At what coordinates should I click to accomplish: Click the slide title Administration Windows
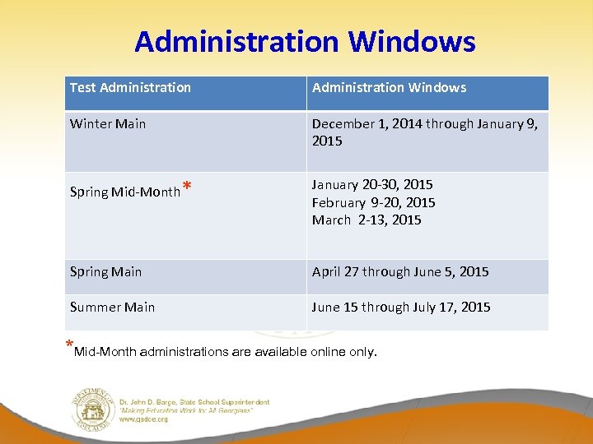coord(305,41)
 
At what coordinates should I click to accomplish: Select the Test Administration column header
coord(130,87)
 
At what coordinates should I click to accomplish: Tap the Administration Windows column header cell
coord(389,87)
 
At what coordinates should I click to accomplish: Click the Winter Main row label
coord(108,124)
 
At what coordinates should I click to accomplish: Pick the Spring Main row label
coord(105,271)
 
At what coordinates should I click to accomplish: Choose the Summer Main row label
coord(112,307)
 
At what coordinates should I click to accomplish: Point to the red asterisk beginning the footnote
coord(69,345)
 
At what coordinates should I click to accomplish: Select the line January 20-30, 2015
coord(372,184)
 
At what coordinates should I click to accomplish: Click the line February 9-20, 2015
coord(373,202)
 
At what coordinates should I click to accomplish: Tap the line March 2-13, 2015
coord(367,220)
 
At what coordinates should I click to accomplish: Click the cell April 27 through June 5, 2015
coord(400,271)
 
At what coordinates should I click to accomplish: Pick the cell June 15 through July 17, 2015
coord(401,307)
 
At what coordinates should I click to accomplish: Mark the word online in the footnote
coord(331,352)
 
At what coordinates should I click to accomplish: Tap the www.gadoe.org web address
coord(144,419)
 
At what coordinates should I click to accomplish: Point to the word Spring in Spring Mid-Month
coord(89,192)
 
